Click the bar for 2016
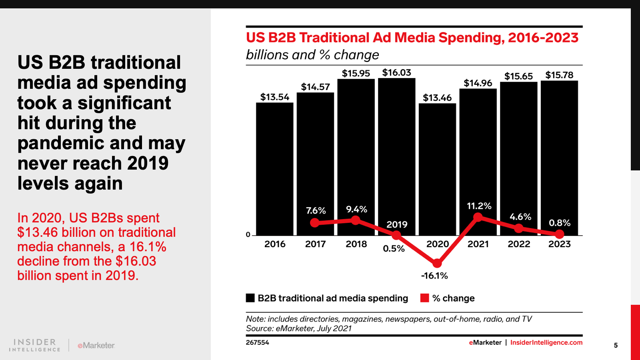click(x=274, y=168)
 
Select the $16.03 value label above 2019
click(x=396, y=72)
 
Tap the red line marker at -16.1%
click(x=437, y=263)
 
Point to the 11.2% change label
click(x=479, y=206)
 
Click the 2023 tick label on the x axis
click(x=559, y=244)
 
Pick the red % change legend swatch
click(x=425, y=298)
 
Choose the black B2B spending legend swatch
click(x=250, y=298)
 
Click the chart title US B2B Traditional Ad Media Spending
click(x=412, y=38)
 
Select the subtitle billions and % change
click(x=312, y=55)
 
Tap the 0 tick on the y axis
click(x=248, y=235)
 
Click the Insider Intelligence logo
click(x=35, y=345)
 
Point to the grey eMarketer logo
click(x=96, y=345)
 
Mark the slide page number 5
click(x=616, y=345)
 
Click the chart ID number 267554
click(x=257, y=342)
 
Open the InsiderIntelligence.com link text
click(x=546, y=342)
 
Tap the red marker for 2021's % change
click(x=478, y=217)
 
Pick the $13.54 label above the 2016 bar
click(x=274, y=97)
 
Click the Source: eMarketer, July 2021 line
click(x=299, y=328)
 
